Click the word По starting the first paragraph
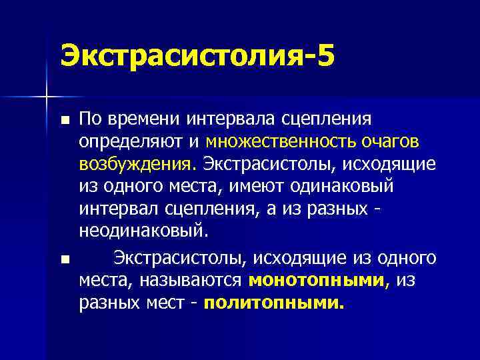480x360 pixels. pos(89,119)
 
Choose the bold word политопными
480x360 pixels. pos(274,303)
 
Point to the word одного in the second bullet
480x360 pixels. pos(402,257)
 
